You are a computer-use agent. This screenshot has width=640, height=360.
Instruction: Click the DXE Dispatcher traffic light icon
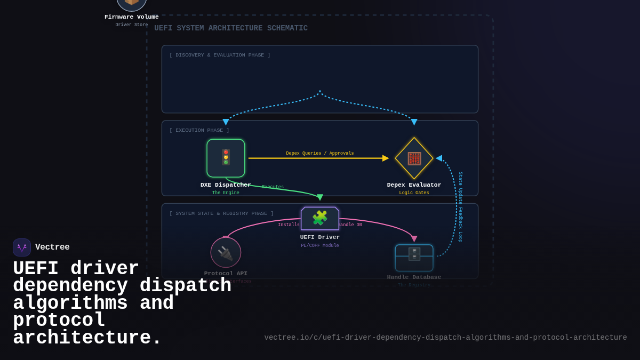tap(226, 157)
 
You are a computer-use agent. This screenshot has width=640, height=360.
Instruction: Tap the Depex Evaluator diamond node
tap(414, 158)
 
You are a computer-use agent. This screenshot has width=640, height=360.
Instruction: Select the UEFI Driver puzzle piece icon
tap(319, 218)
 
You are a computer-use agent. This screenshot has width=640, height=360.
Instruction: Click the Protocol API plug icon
tap(226, 253)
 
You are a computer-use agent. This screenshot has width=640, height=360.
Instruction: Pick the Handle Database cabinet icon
tap(414, 254)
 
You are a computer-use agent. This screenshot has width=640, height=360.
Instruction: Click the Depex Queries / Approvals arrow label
tap(319, 154)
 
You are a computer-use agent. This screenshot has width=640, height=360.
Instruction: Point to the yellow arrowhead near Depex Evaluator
tap(386, 158)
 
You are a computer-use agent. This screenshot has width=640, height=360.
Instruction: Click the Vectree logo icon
tap(22, 247)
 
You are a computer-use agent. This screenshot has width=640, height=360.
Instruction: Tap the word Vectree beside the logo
tap(52, 247)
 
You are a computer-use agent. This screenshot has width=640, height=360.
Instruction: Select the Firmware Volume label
tap(131, 17)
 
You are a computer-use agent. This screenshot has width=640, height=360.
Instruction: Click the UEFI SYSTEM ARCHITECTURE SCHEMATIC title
tap(231, 28)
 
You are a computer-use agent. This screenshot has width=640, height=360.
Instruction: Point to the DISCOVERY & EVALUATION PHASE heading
tap(220, 55)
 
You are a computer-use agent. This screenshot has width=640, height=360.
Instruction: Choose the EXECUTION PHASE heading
tap(199, 130)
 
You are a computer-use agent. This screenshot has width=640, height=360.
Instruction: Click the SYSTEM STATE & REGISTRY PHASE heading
tap(221, 213)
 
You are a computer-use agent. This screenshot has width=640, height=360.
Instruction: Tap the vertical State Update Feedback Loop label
tap(460, 207)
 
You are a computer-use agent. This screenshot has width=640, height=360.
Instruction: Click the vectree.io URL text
tap(445, 338)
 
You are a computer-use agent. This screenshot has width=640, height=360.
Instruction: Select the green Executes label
tap(273, 187)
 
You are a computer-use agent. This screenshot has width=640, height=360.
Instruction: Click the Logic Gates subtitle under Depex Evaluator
tap(414, 193)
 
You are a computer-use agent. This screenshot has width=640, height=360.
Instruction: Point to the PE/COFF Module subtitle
tap(319, 246)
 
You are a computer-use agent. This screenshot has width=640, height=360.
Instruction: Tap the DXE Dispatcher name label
tap(226, 185)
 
